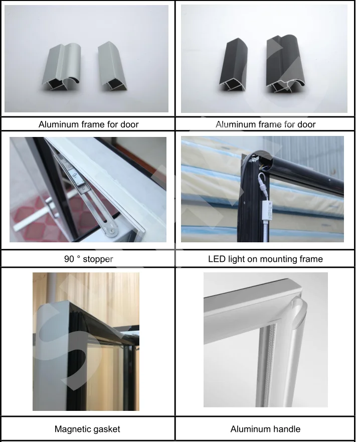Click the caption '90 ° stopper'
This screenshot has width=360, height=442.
point(89,259)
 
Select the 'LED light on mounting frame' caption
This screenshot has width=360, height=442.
point(265,259)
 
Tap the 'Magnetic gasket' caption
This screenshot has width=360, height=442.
point(87,429)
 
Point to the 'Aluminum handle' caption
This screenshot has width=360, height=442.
point(265,429)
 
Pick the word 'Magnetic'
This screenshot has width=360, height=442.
point(73,429)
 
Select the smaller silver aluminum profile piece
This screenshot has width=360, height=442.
point(113,66)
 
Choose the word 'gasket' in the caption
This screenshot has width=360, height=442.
point(106,429)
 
